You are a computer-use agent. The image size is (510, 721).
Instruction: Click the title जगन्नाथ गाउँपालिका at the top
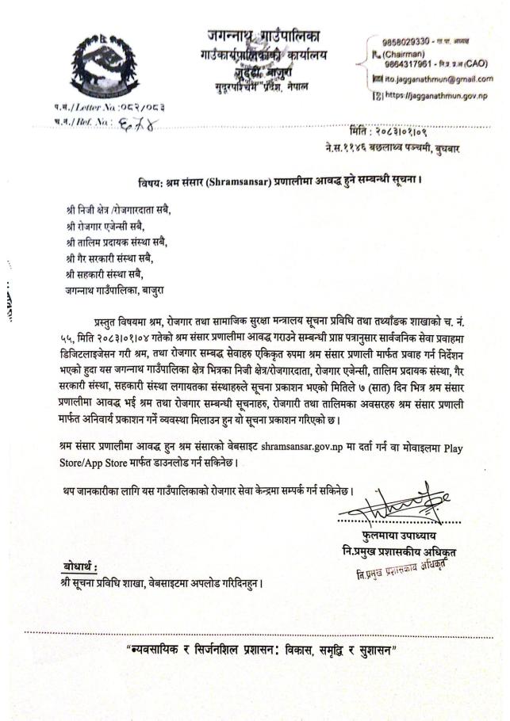[263, 36]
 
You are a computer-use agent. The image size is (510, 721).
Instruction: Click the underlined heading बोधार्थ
[80, 566]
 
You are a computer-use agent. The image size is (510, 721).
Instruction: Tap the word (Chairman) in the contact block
[387, 53]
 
